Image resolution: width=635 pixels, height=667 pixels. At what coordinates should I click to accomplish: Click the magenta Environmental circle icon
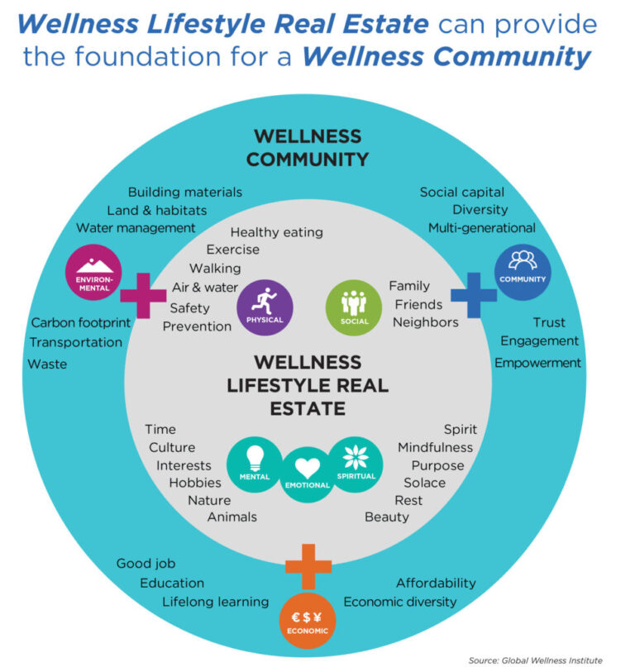pyautogui.click(x=93, y=272)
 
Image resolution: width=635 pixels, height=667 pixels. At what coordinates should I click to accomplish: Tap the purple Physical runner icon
pyautogui.click(x=265, y=307)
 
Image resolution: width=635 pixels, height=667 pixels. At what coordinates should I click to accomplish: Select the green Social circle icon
pyautogui.click(x=354, y=307)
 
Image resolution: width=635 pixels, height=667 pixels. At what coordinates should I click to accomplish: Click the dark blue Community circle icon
pyautogui.click(x=523, y=272)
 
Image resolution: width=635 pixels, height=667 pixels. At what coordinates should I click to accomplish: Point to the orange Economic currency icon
pyautogui.click(x=308, y=621)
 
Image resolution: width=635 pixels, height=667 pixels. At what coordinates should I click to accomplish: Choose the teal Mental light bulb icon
pyautogui.click(x=255, y=465)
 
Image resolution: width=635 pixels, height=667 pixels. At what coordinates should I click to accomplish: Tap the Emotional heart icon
pyautogui.click(x=308, y=474)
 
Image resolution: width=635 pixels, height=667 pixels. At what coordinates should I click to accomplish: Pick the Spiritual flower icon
pyautogui.click(x=356, y=465)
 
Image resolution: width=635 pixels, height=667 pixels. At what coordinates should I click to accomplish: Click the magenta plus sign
pyautogui.click(x=143, y=296)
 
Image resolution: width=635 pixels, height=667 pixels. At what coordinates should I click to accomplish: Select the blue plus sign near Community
pyautogui.click(x=474, y=295)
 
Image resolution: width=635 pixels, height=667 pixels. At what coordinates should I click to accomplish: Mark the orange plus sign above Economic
pyautogui.click(x=308, y=566)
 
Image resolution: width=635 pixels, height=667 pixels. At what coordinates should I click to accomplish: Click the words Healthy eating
pyautogui.click(x=277, y=232)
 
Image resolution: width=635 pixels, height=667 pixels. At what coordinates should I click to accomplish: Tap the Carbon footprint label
pyautogui.click(x=81, y=323)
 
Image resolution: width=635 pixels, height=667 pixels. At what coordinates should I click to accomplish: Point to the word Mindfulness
pyautogui.click(x=435, y=447)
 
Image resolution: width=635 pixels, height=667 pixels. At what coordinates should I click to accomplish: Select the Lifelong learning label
pyautogui.click(x=215, y=602)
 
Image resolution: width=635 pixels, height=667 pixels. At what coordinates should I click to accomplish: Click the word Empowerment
pyautogui.click(x=537, y=363)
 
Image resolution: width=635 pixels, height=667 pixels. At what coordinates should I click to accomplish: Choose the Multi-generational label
pyautogui.click(x=482, y=228)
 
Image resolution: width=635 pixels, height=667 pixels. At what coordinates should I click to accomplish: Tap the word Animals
pyautogui.click(x=232, y=517)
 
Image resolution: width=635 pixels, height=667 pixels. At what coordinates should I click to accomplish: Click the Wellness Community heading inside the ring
pyautogui.click(x=308, y=148)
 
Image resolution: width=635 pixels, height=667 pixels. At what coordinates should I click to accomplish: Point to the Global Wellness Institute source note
pyautogui.click(x=536, y=660)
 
